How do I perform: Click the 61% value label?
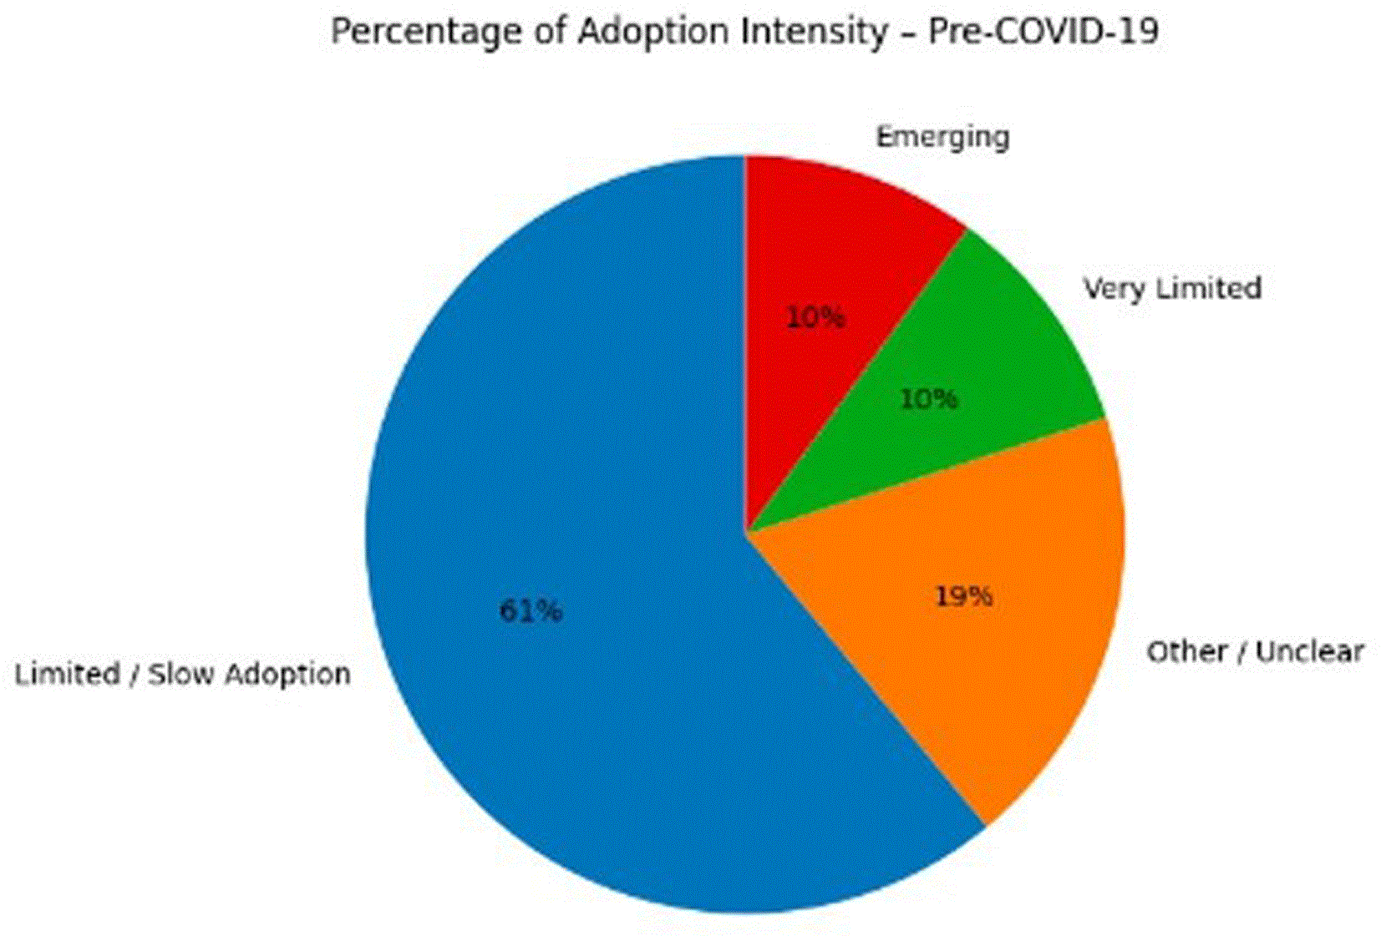(531, 610)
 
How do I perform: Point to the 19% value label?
(964, 596)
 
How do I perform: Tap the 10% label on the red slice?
(816, 317)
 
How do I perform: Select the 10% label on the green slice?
(929, 399)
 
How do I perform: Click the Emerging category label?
(942, 138)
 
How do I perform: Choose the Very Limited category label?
(1173, 288)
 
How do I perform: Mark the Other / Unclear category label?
(1255, 652)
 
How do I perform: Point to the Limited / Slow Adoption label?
(182, 674)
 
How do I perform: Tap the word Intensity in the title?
(814, 32)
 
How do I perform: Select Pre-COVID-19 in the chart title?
(1043, 31)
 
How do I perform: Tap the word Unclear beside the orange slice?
(1309, 652)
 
